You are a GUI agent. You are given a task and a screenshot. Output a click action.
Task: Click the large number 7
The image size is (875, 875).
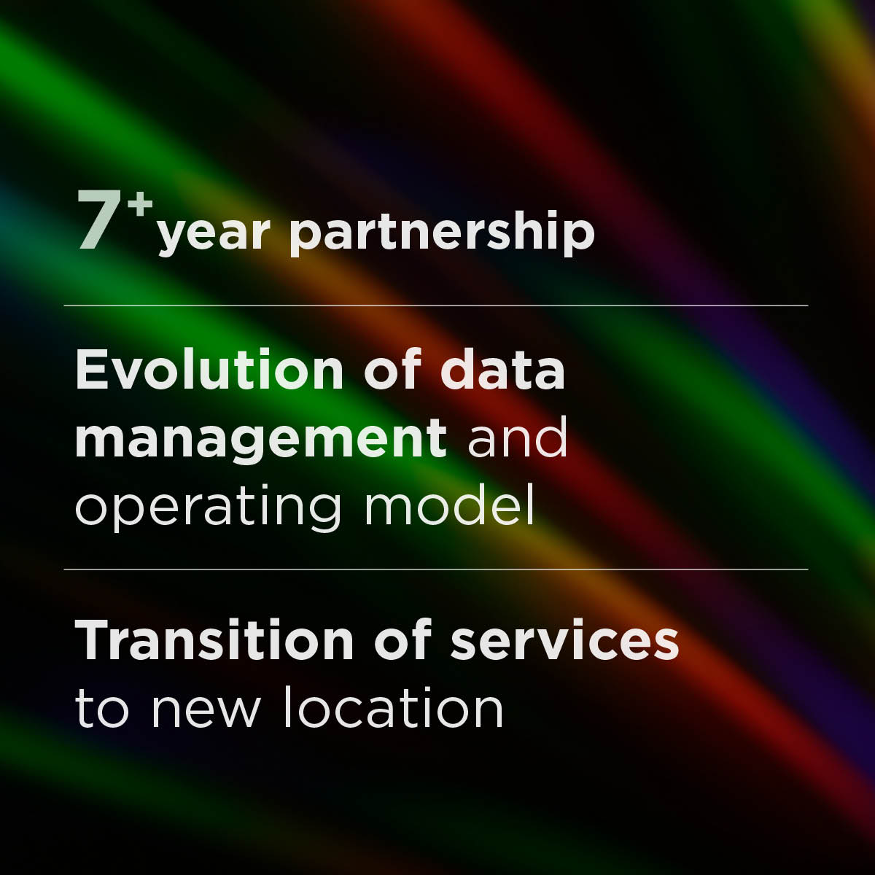pos(98,220)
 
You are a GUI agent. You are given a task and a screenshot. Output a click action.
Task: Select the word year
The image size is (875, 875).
pos(214,235)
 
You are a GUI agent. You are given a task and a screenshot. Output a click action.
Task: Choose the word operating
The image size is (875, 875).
pos(208,507)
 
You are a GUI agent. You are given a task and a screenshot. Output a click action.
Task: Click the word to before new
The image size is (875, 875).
pos(102,709)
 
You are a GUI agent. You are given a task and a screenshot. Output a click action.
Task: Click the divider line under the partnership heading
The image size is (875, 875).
pos(436,306)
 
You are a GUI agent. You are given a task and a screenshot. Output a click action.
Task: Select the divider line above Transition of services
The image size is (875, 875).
pos(436,569)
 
